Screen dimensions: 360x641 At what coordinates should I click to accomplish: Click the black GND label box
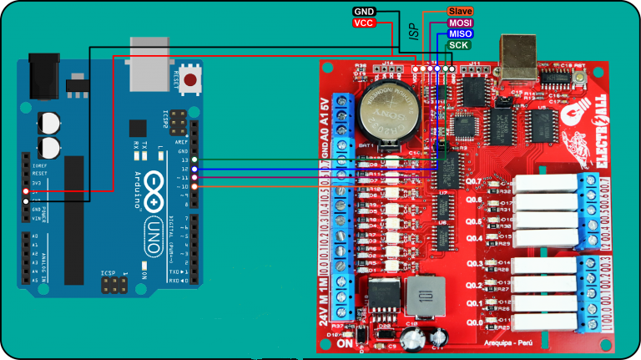364,12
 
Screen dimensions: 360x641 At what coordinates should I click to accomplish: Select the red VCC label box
364,23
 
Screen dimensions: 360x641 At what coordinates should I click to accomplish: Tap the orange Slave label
461,12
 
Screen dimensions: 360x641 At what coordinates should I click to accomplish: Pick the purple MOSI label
460,23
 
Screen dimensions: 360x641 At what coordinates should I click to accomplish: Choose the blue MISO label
460,33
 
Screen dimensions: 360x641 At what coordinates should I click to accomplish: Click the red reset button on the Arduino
193,81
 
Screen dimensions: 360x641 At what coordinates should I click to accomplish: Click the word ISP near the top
414,32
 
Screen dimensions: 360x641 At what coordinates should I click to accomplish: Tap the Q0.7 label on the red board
472,181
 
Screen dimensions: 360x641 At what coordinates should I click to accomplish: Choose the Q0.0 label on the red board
472,322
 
